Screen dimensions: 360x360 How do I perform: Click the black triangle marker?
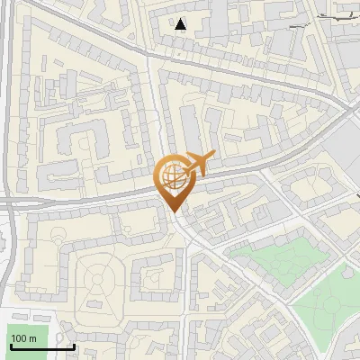click(x=181, y=24)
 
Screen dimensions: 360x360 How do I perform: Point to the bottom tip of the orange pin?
click(x=173, y=211)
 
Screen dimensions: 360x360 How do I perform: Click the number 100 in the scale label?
click(x=21, y=338)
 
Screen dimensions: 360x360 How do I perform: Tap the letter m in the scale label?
click(x=33, y=338)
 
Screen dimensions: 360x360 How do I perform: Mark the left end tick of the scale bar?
click(x=11, y=345)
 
